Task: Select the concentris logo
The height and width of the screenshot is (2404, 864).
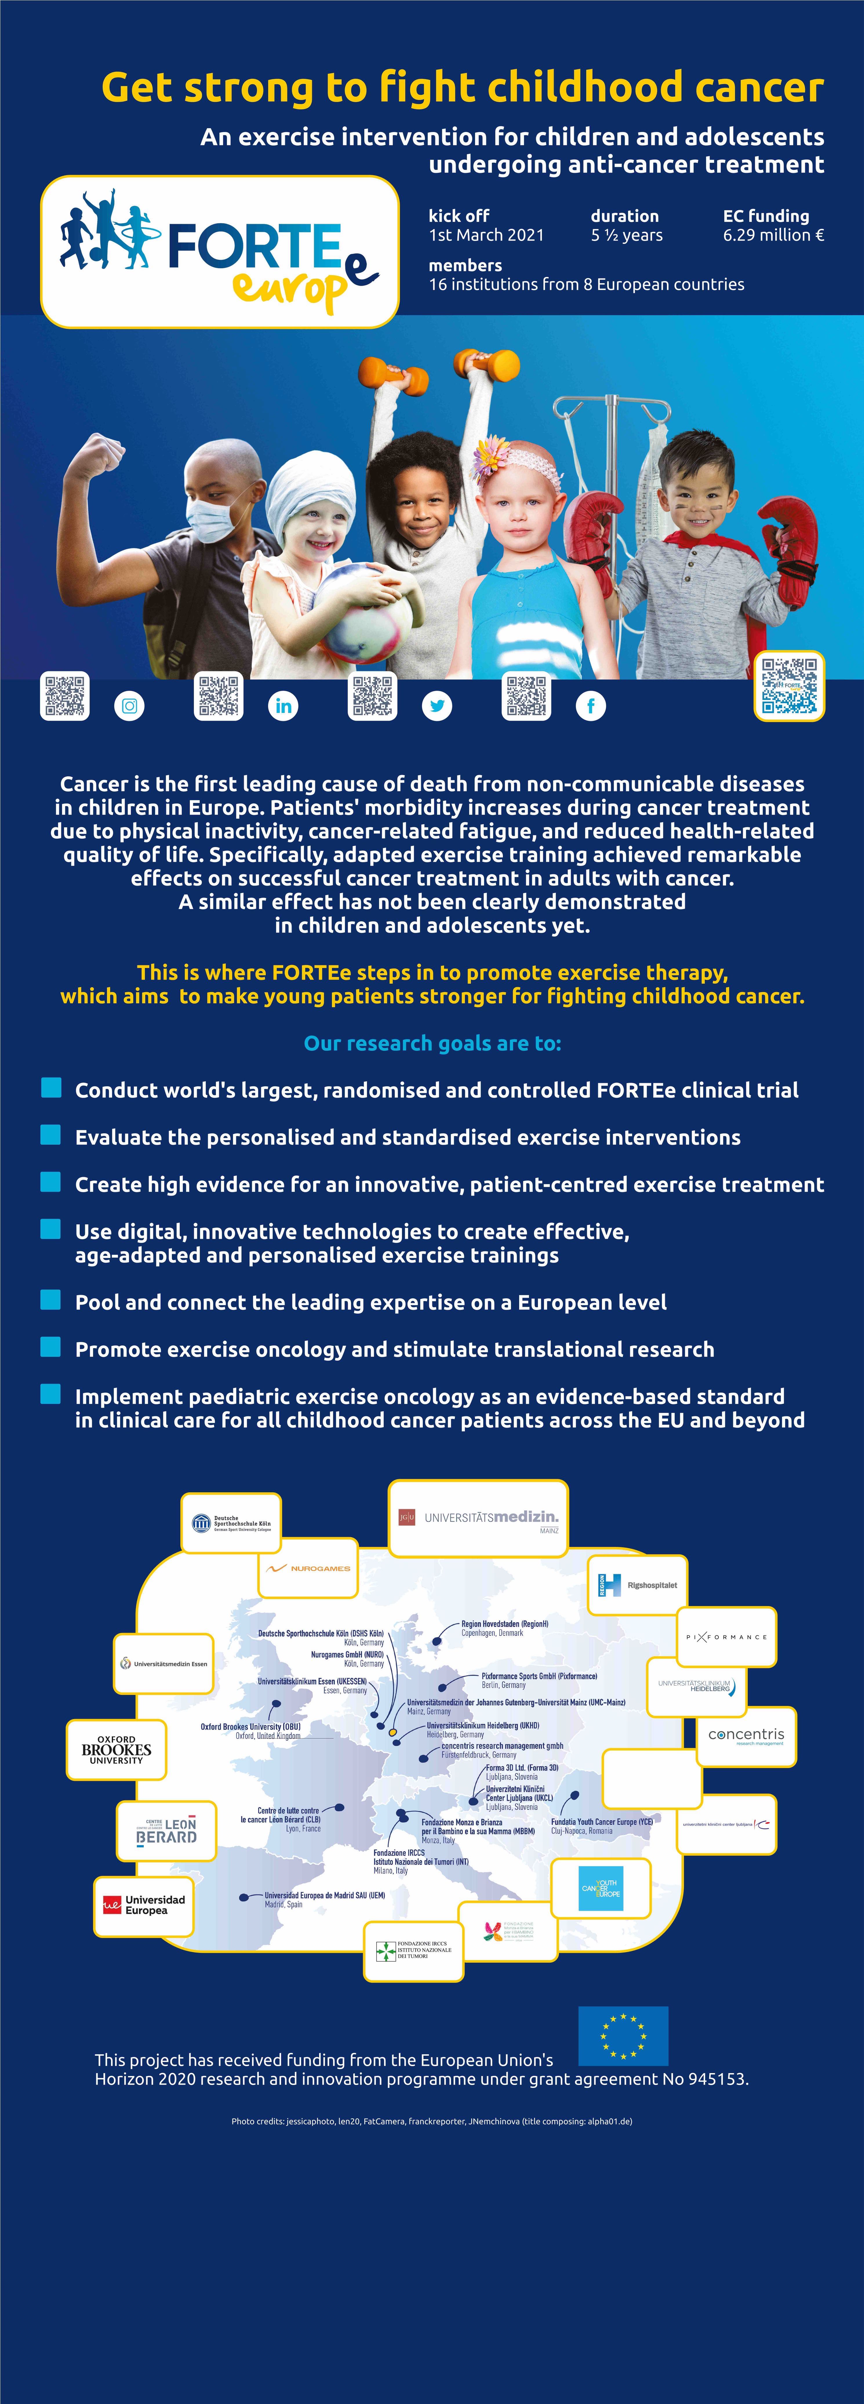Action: (746, 1736)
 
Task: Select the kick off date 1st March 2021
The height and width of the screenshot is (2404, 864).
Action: (486, 235)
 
